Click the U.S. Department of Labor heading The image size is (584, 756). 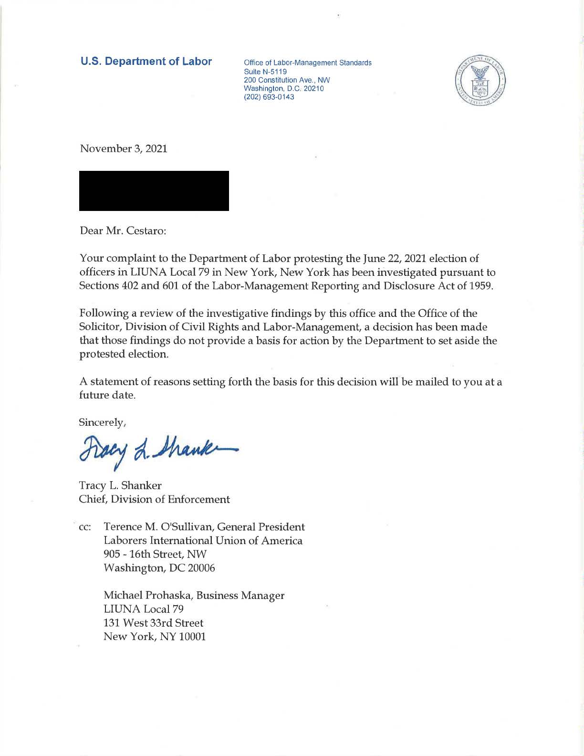146,62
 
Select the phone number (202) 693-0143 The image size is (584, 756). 269,97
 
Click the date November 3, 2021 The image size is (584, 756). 124,148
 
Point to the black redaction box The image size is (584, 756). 154,190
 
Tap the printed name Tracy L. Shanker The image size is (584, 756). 120,485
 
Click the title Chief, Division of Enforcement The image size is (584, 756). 155,499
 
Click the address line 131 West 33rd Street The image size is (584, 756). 154,623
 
